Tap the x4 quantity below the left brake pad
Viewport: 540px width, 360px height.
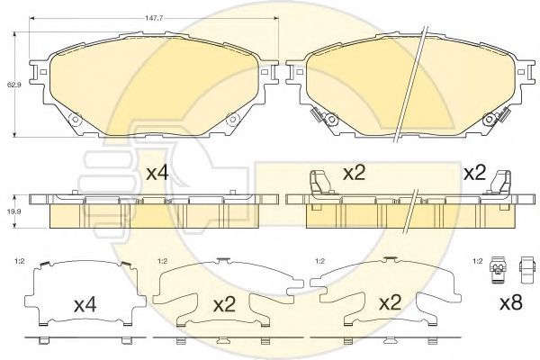157,173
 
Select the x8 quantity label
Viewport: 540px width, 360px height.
511,303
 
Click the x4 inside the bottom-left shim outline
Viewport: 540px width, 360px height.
85,305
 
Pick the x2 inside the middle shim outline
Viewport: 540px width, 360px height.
224,305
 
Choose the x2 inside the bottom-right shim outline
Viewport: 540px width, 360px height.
391,303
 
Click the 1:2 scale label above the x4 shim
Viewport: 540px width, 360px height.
20,261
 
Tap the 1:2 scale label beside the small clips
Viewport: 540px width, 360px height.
478,261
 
